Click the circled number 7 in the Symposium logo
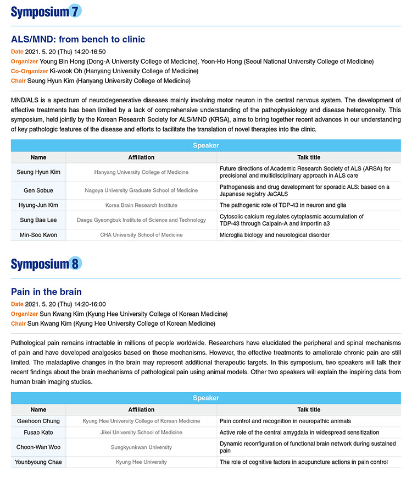click(x=75, y=11)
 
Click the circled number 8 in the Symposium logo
click(x=75, y=264)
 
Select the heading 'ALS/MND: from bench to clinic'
click(x=78, y=40)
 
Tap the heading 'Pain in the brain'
click(x=46, y=292)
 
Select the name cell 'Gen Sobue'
click(x=38, y=190)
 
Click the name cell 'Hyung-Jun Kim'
click(x=38, y=205)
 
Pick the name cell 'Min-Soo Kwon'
click(x=38, y=235)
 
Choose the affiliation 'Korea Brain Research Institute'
click(x=141, y=205)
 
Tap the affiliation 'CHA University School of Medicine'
click(x=141, y=235)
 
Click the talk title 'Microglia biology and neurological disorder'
click(x=274, y=235)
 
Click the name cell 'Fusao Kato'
click(x=38, y=432)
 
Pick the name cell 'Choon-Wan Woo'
click(x=38, y=447)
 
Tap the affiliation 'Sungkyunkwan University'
click(x=141, y=447)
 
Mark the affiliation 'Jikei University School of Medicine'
click(x=141, y=432)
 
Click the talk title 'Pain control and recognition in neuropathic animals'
click(x=285, y=421)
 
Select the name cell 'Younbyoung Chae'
click(x=38, y=462)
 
